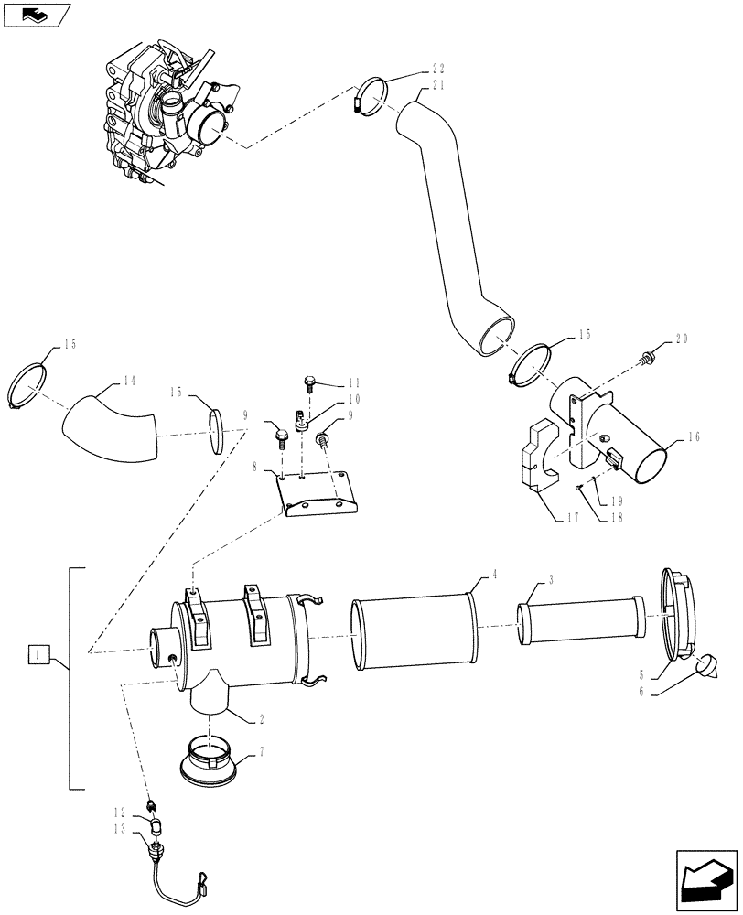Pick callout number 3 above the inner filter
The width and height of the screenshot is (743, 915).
pyautogui.click(x=550, y=580)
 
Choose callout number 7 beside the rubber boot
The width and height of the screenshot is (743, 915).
pyautogui.click(x=262, y=752)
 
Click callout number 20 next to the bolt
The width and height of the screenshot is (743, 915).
pyautogui.click(x=680, y=339)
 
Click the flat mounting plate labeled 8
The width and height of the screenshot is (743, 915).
pyautogui.click(x=317, y=494)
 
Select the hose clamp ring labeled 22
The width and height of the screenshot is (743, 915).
pyautogui.click(x=370, y=95)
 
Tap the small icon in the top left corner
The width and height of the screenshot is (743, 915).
pyautogui.click(x=37, y=14)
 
